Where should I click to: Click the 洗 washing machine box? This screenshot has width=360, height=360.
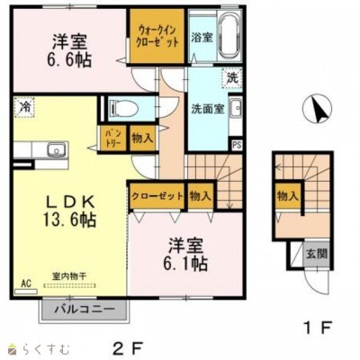(x=232, y=77)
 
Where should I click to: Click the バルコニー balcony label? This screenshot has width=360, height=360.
(x=83, y=310)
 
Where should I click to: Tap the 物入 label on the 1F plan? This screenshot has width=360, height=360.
(x=288, y=196)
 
